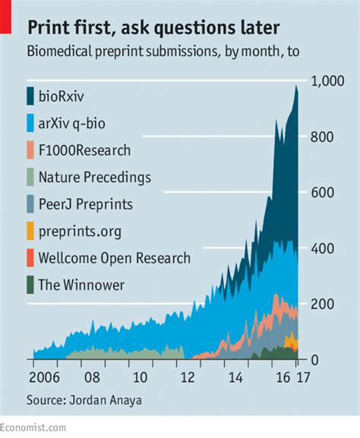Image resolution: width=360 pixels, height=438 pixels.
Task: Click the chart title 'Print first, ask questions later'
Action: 153,28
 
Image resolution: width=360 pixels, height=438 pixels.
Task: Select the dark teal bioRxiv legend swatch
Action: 30,96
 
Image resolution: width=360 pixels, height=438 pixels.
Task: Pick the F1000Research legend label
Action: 84,150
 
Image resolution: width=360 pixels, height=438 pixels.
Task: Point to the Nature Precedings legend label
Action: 94,178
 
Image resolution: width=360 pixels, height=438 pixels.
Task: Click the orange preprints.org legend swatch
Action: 30,232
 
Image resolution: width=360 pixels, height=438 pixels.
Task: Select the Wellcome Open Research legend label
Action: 114,258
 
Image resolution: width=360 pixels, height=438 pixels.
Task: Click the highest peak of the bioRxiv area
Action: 296,86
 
